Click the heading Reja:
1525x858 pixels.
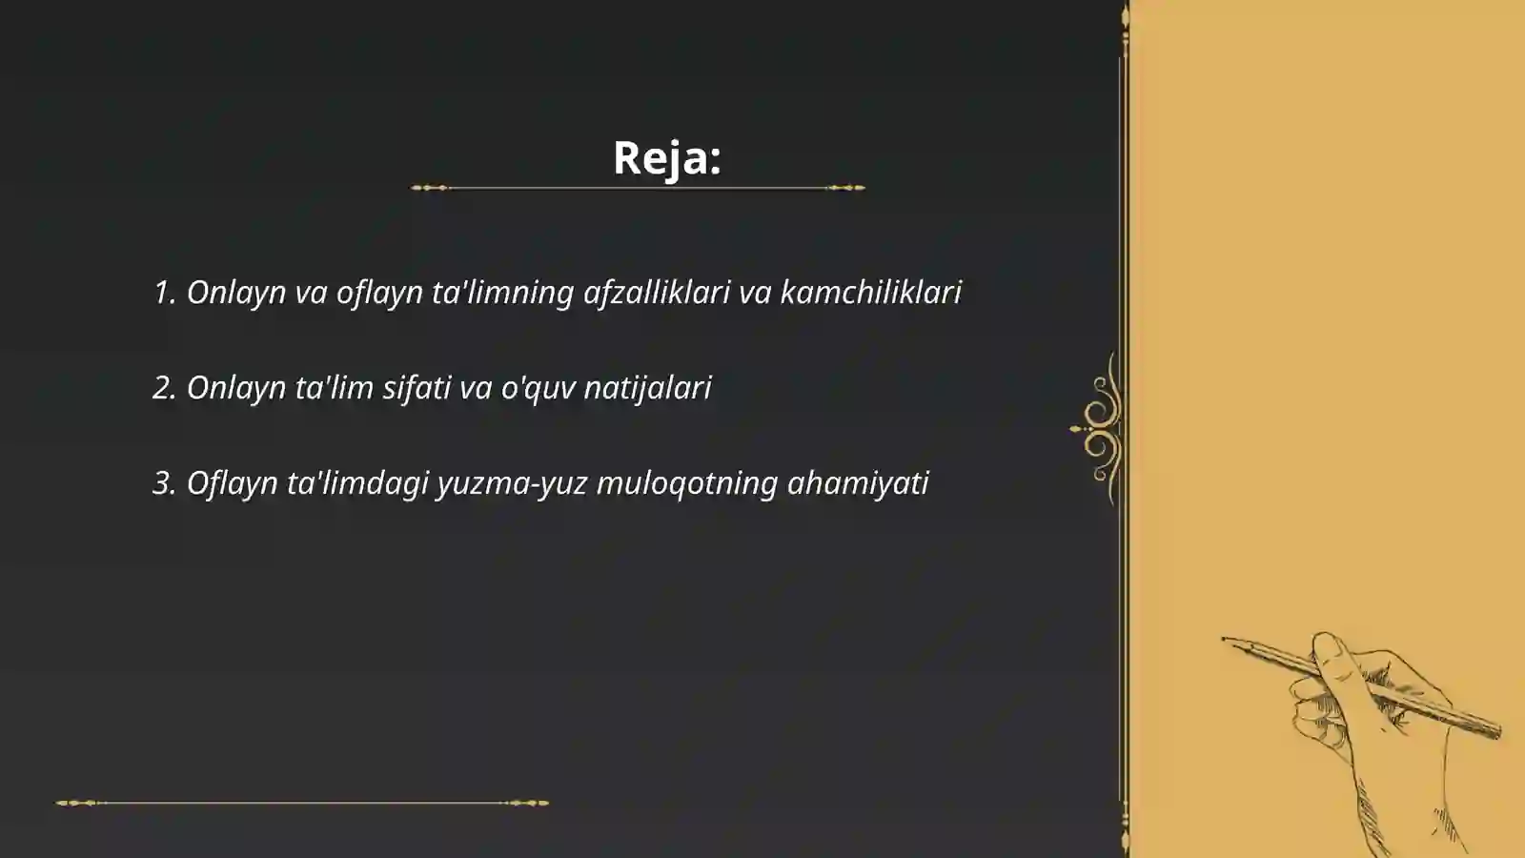666,157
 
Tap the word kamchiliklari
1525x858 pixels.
870,292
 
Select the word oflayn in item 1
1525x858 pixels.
379,292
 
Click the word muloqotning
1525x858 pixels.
686,483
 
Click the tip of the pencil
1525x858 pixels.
1225,639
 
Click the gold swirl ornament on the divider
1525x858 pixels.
1101,429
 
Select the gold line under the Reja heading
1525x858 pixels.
638,188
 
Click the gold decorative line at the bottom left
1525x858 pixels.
302,803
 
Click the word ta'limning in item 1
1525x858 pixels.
502,292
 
